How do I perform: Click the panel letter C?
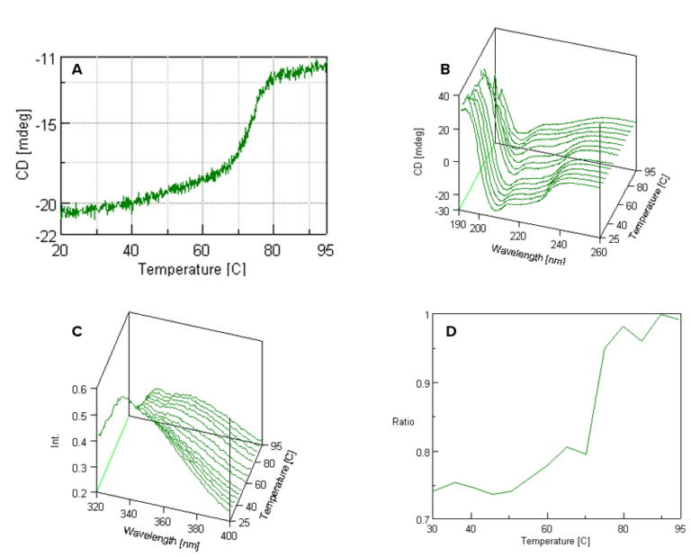pos(77,331)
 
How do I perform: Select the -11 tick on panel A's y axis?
pos(45,59)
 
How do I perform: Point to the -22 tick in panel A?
pos(45,236)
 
